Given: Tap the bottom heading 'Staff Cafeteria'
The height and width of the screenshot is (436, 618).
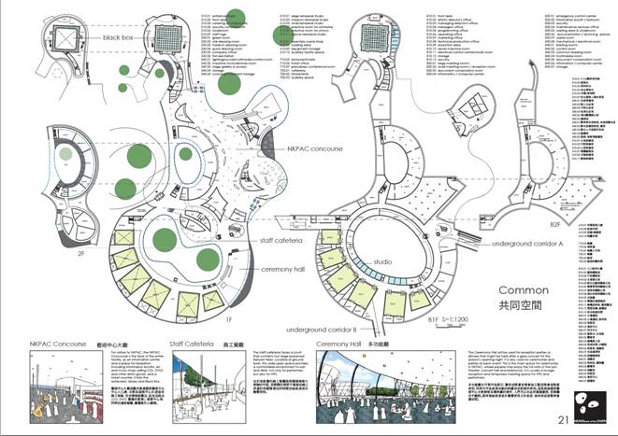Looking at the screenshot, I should pyautogui.click(x=195, y=345).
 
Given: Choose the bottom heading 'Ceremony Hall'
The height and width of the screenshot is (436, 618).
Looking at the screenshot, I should pyautogui.click(x=345, y=345).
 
